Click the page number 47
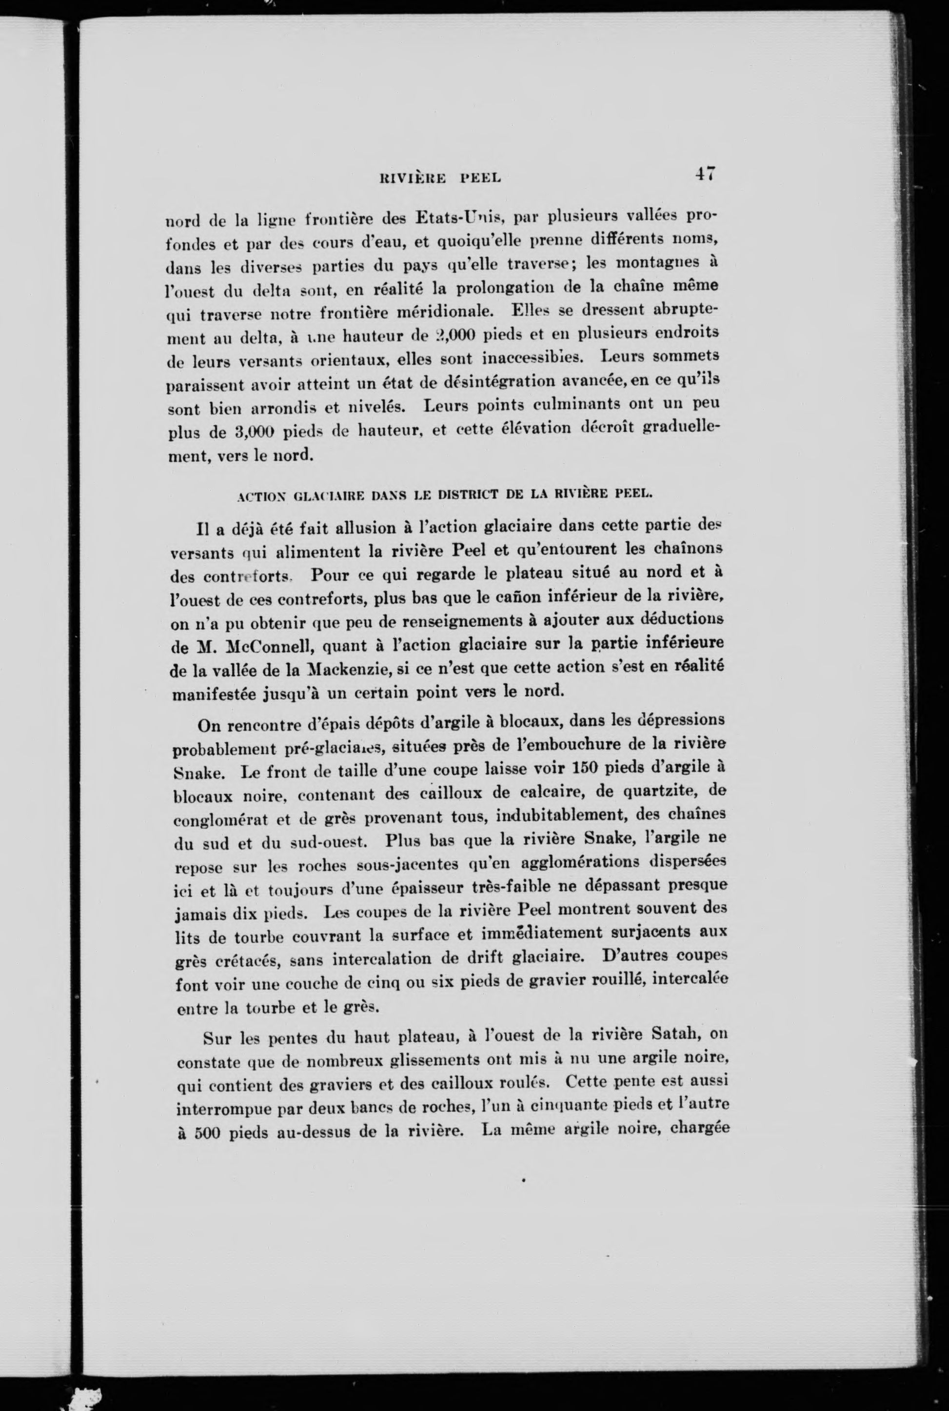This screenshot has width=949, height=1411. tap(705, 174)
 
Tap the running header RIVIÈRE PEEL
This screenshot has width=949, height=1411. tap(439, 178)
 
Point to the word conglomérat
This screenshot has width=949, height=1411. tap(220, 819)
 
